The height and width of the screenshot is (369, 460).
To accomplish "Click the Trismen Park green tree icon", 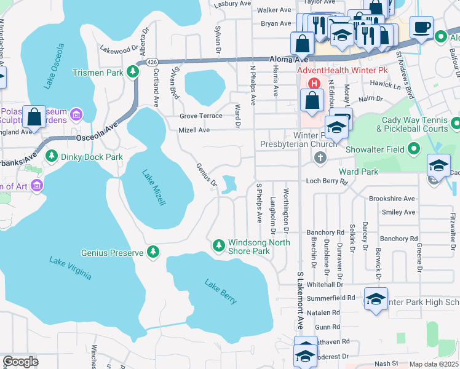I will tap(132, 73).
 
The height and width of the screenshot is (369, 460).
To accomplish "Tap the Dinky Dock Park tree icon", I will tap(52, 156).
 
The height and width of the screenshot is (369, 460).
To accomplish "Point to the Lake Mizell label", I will tap(154, 188).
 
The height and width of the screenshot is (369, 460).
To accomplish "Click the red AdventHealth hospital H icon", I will tap(314, 83).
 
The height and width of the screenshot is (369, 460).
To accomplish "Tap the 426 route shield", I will tap(151, 61).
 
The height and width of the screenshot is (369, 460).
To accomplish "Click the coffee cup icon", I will tap(422, 27).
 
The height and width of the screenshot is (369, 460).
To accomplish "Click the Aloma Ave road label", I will tap(288, 59).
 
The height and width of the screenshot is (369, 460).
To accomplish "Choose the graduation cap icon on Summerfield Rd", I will tap(375, 298).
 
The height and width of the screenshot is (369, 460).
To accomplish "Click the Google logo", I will tap(20, 361).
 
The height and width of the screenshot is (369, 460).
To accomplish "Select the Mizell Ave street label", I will tap(194, 130).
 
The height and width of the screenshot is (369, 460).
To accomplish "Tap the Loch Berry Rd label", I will tap(327, 182).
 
